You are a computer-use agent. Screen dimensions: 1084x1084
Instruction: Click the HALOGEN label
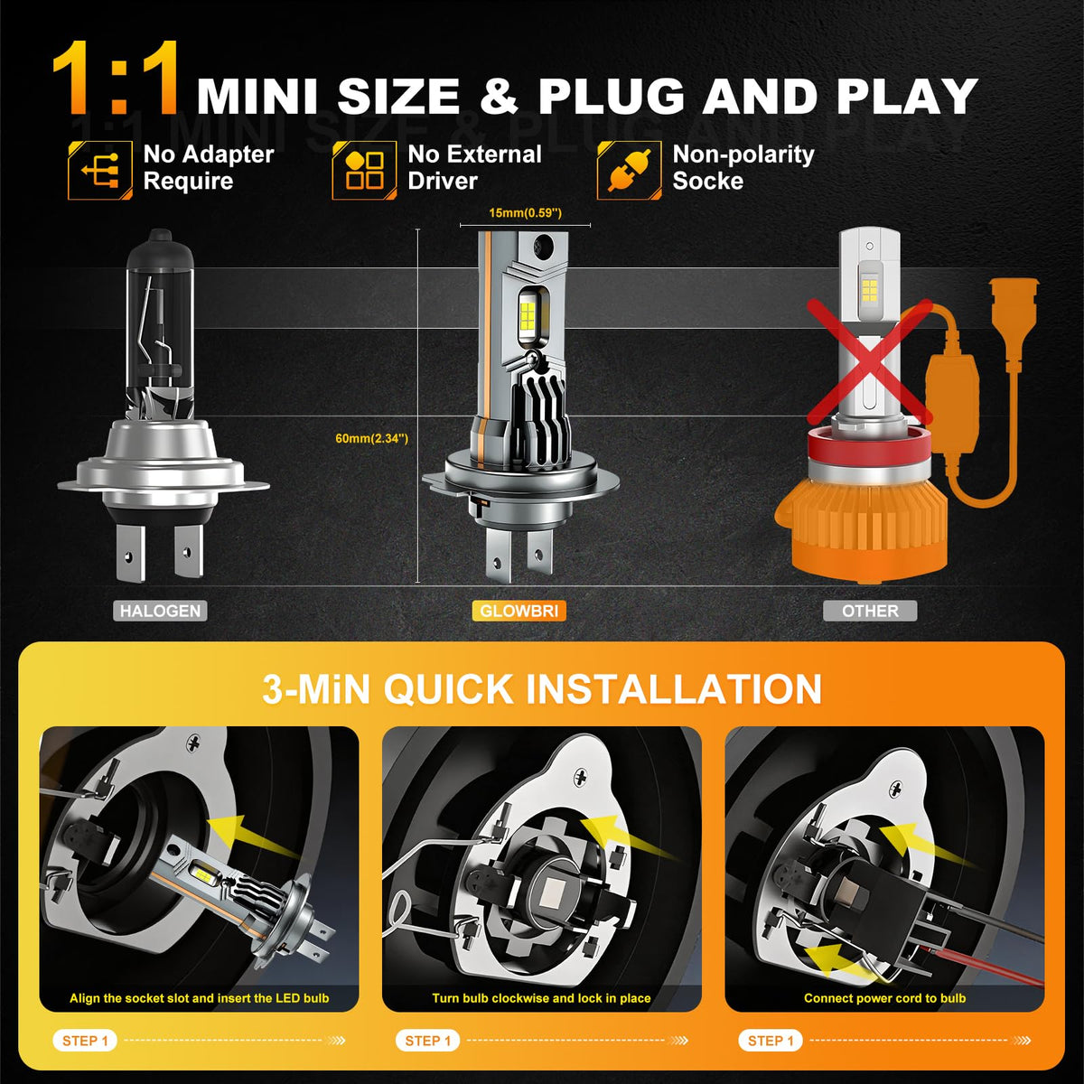point(160,611)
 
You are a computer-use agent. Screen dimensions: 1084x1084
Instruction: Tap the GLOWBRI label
point(519,611)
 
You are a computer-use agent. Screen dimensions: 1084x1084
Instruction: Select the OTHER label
point(870,611)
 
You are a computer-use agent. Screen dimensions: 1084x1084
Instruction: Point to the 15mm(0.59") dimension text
point(525,213)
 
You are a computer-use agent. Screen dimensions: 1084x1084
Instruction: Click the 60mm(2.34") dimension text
point(371,438)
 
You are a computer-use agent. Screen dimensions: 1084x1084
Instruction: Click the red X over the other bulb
point(870,362)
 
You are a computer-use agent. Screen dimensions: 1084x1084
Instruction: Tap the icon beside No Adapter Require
point(100,171)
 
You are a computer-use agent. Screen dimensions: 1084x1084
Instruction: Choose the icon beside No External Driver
point(364,171)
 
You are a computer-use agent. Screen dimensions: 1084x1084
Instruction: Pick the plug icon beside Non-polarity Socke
point(629,171)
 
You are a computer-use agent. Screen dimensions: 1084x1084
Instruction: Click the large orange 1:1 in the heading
point(117,79)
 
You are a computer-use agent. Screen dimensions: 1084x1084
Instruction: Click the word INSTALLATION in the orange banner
point(668,689)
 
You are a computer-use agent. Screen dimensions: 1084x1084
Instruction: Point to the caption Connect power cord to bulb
point(884,998)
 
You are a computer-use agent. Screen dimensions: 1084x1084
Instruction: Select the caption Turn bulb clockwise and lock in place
point(541,998)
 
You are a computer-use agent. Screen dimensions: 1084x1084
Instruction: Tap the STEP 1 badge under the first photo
point(85,1040)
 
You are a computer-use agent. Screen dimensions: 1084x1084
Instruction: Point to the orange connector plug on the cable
point(1014,303)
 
